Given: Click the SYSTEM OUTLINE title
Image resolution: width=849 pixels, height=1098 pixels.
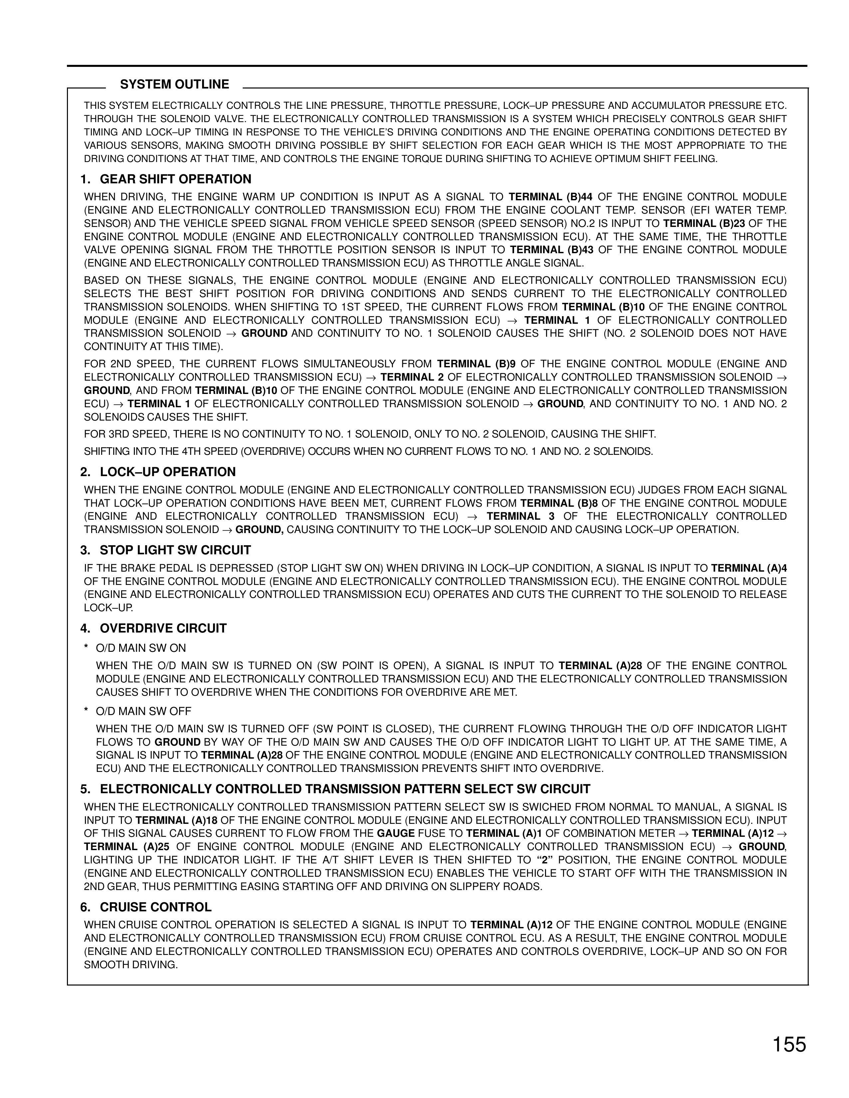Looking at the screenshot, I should [174, 85].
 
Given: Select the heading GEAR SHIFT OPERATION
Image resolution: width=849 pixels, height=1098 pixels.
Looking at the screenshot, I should [175, 179].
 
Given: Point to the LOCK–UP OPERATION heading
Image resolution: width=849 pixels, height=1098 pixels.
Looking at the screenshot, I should [167, 472].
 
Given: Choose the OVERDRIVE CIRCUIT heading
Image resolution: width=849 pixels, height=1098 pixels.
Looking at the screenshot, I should [163, 629].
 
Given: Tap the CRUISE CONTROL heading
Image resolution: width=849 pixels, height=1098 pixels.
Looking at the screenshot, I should [155, 907].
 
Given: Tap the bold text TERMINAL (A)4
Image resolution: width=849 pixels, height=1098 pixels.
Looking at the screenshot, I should [749, 568].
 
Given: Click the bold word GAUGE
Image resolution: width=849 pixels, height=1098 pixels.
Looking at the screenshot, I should [396, 833].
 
